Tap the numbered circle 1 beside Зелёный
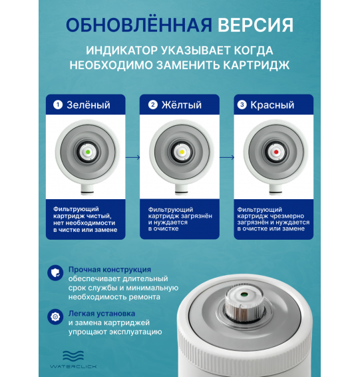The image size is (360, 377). [x=58, y=105]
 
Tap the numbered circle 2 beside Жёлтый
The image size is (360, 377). [x=152, y=105]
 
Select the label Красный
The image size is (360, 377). [x=273, y=105]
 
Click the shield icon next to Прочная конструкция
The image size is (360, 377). [x=54, y=272]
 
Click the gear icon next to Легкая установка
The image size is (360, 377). [x=54, y=316]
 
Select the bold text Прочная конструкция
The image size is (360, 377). [x=110, y=269]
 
